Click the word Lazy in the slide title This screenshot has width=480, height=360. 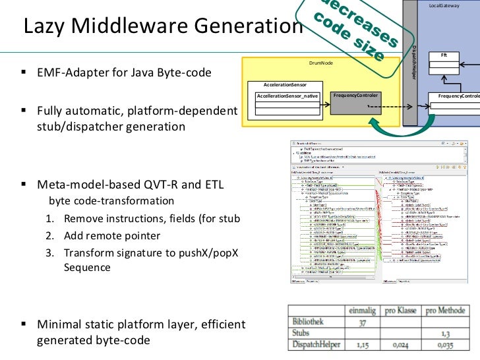click(42, 26)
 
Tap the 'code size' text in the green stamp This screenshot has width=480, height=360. click(359, 40)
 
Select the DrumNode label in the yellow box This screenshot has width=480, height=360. click(320, 63)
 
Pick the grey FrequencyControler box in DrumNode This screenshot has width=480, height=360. click(356, 96)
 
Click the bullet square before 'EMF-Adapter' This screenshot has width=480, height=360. click(24, 73)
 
